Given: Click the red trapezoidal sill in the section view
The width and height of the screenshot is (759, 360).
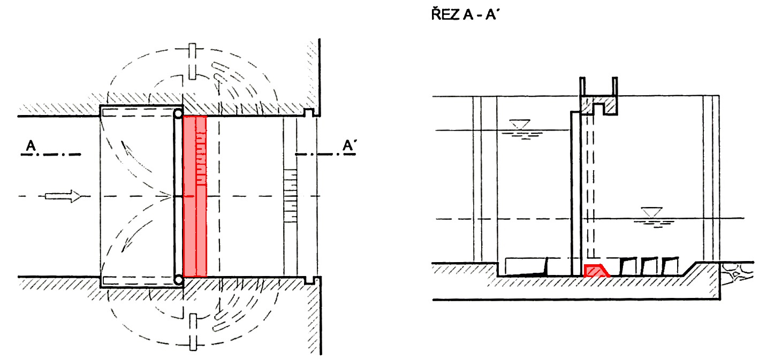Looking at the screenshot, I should [x=595, y=270].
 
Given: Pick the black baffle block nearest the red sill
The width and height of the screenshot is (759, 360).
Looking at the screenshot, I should [x=627, y=266].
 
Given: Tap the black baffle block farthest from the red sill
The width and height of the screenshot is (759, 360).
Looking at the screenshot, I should [x=669, y=265].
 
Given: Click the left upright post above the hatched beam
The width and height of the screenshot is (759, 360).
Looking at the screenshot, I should [x=583, y=87].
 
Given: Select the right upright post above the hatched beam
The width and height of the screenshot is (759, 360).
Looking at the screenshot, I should [x=615, y=87].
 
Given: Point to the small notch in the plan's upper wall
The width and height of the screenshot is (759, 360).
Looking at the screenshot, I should [x=308, y=113].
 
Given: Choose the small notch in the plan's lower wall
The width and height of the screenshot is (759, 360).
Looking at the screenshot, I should [x=308, y=280].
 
